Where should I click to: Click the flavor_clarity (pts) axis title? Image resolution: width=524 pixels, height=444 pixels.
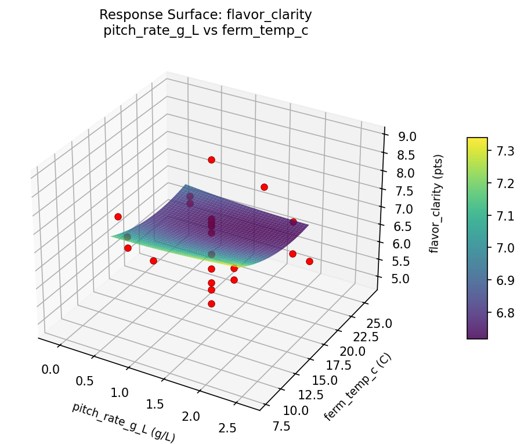click(x=439, y=203)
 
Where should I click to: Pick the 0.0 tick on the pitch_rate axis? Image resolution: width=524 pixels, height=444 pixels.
click(x=50, y=369)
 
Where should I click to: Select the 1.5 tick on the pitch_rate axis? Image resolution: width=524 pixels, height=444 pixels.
click(x=153, y=404)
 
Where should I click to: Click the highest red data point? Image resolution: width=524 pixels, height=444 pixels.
click(x=211, y=160)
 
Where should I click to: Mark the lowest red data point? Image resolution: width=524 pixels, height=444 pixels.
click(x=211, y=304)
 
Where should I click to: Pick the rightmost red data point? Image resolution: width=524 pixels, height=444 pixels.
click(x=309, y=261)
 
